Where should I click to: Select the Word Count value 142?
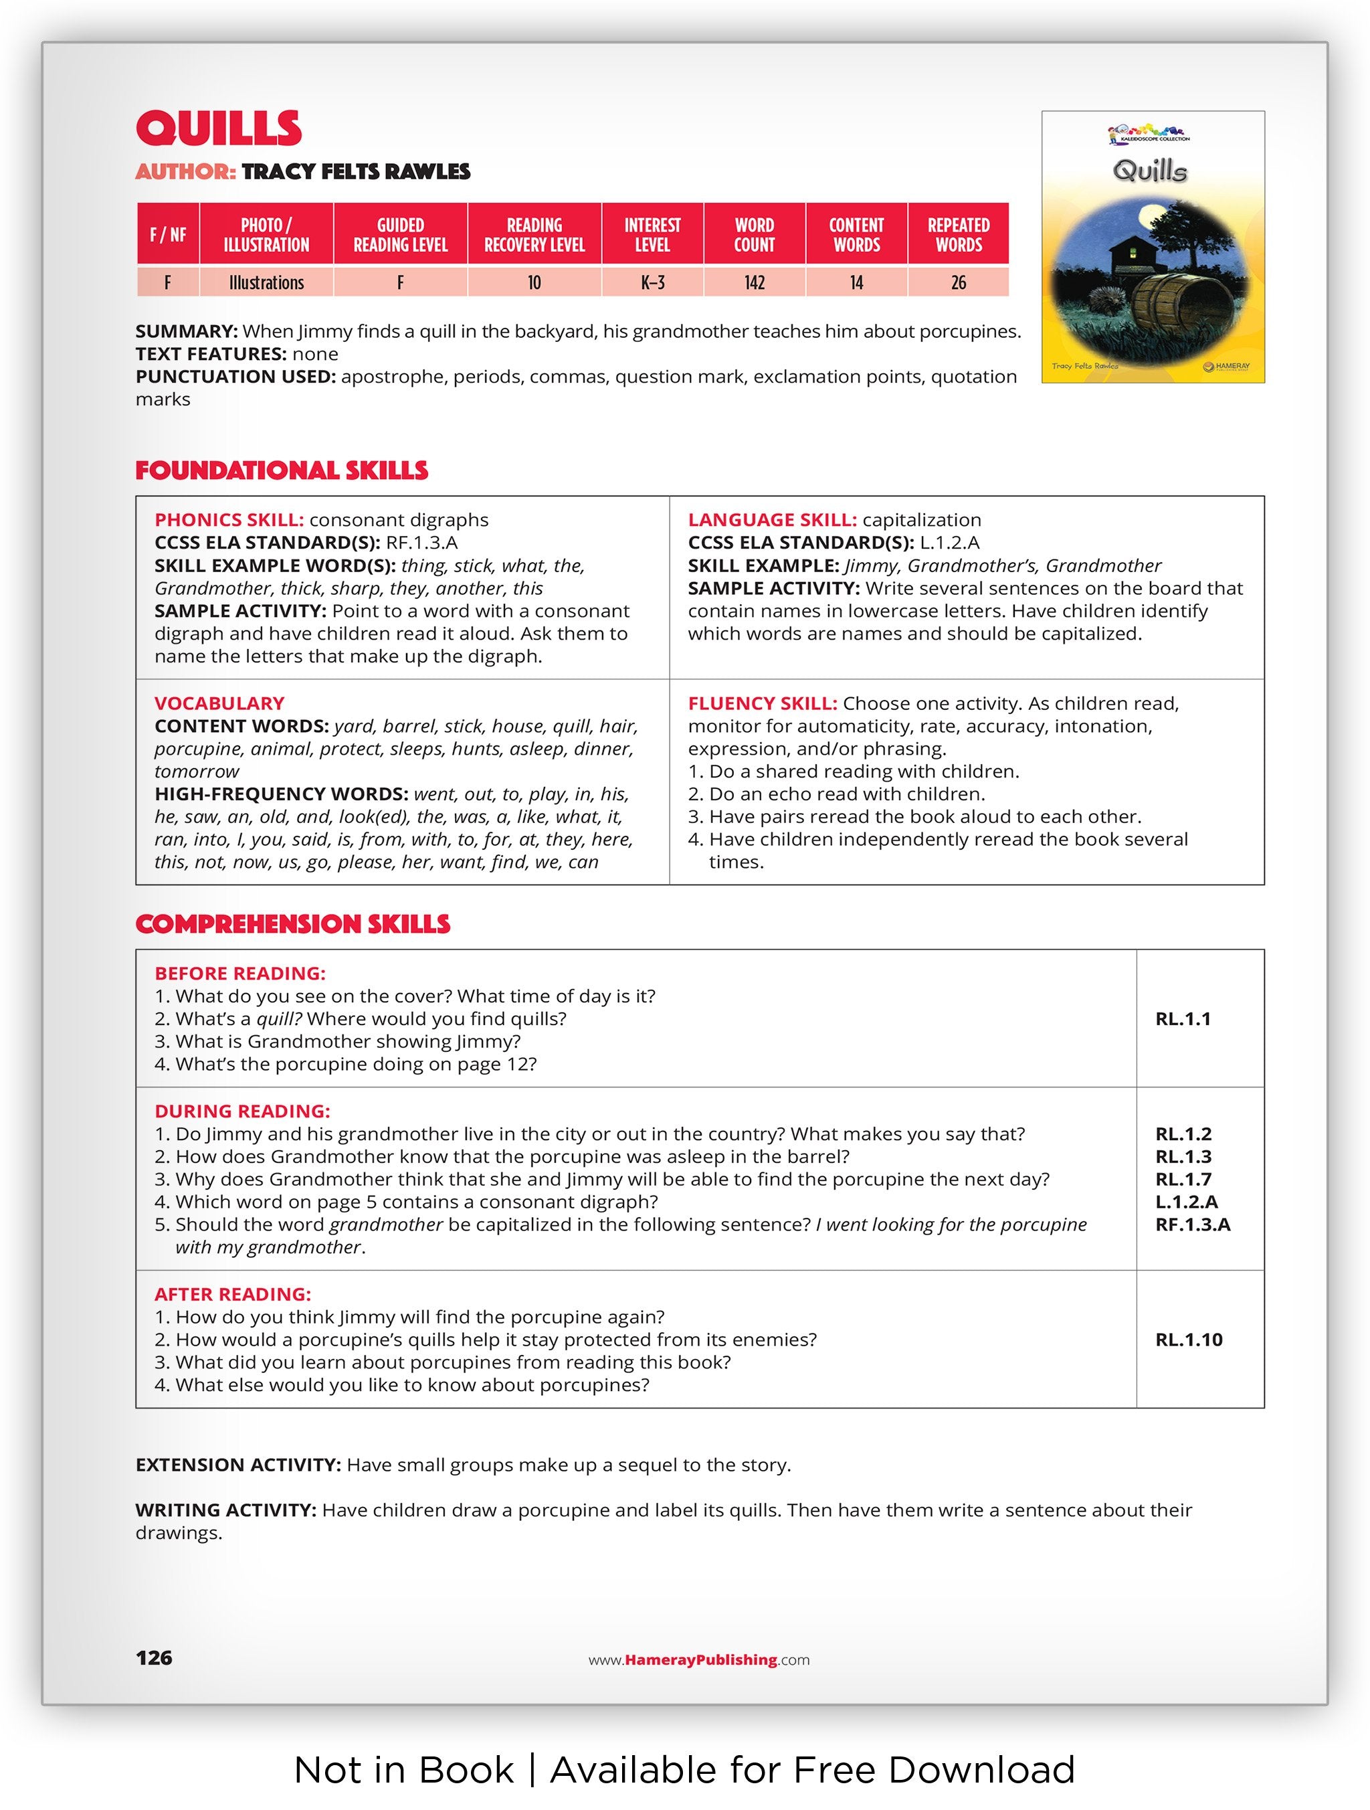click(x=753, y=283)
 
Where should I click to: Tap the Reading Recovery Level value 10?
click(x=534, y=283)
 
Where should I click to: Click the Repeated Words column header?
click(x=958, y=235)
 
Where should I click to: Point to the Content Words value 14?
click(x=856, y=283)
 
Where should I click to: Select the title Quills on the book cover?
click(x=1149, y=171)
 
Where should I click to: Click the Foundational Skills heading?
click(x=282, y=470)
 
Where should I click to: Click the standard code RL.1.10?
click(x=1189, y=1340)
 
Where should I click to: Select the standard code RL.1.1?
click(x=1183, y=1018)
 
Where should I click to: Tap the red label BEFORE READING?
click(x=239, y=974)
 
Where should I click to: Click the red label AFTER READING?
click(x=233, y=1295)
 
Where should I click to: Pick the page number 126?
click(x=154, y=1658)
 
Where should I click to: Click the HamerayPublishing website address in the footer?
click(x=698, y=1659)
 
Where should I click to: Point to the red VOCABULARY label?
click(x=219, y=704)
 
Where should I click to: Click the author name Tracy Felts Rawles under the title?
click(x=356, y=172)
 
